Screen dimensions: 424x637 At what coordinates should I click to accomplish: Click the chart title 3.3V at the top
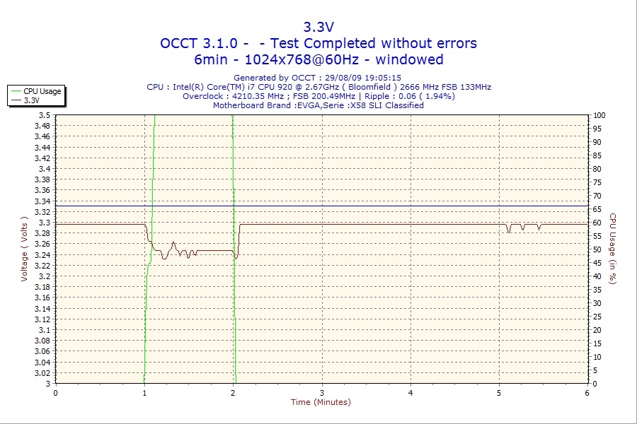(318, 27)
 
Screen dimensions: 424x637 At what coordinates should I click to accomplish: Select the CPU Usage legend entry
(42, 91)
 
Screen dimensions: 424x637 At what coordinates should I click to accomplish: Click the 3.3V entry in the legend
(32, 100)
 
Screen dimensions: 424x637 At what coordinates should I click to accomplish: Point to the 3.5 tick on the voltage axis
(45, 115)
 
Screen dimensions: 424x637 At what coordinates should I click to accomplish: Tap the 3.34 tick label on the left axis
(42, 201)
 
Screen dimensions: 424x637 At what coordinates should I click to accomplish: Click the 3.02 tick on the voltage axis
(42, 373)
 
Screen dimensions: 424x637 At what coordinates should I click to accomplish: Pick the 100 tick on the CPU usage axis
(599, 115)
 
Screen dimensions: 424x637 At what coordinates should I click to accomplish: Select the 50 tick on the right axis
(597, 249)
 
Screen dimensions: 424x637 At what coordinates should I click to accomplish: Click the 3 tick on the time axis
(322, 393)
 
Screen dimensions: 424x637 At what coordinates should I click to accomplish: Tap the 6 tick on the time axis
(587, 393)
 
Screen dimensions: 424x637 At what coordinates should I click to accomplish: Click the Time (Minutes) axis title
(321, 402)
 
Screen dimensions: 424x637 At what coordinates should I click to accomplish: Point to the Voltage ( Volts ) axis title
(24, 249)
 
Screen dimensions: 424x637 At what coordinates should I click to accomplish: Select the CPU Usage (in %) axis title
(613, 249)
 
